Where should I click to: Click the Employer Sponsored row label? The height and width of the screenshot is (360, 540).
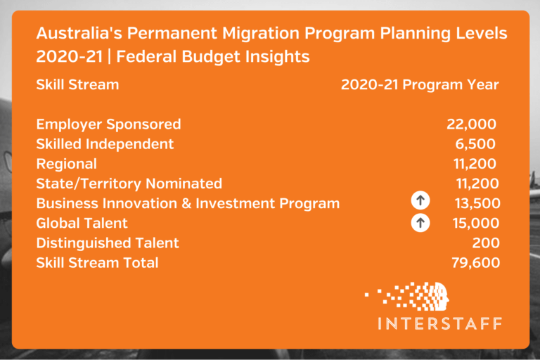coord(108,124)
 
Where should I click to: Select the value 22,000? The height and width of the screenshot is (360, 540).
coord(471,124)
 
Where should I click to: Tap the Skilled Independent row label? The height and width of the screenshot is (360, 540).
coord(105,144)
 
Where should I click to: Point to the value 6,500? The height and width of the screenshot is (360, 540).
coord(475,144)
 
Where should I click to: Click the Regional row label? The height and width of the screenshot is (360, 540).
coord(66,164)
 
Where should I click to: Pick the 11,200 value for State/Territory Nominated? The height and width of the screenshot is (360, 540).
coord(475,184)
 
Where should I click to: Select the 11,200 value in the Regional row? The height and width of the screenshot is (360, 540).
coord(475,164)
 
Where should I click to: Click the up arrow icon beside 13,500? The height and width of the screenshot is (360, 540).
coord(420,202)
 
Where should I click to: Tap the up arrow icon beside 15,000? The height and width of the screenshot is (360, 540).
coord(420,223)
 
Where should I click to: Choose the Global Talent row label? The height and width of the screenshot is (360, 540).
coord(82,223)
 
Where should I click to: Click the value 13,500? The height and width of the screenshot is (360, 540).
coord(475,203)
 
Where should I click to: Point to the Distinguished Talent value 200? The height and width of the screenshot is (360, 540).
coord(486,243)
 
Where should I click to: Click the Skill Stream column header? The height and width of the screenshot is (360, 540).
coord(77,84)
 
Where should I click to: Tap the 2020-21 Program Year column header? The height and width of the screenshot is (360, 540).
coord(420,84)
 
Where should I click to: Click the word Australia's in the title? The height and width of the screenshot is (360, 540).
coord(78,34)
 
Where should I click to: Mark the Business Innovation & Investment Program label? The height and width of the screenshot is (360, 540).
coord(188,203)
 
